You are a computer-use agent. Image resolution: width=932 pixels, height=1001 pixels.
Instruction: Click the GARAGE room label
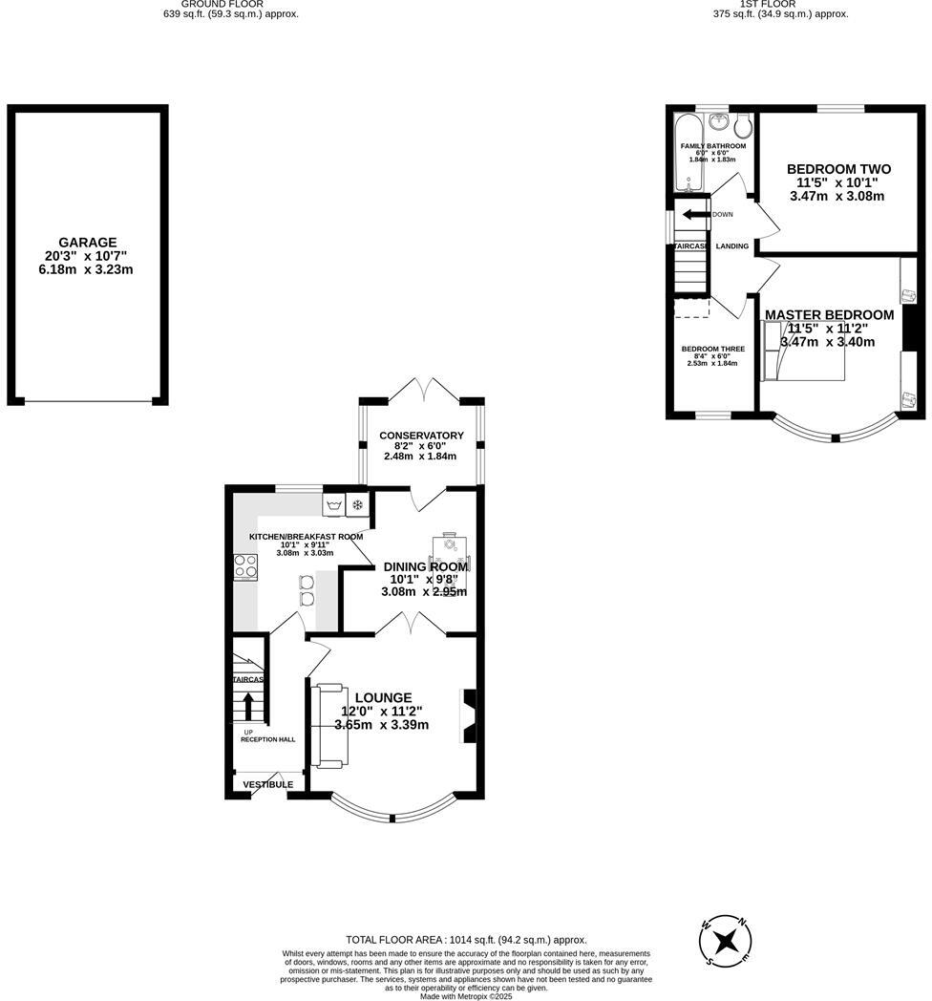pyautogui.click(x=87, y=243)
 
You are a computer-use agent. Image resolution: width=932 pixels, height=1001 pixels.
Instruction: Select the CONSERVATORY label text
pyautogui.click(x=421, y=436)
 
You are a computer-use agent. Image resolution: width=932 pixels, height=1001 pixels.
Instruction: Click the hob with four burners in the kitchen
pyautogui.click(x=245, y=567)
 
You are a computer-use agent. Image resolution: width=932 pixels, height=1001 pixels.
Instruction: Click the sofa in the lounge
pyautogui.click(x=328, y=725)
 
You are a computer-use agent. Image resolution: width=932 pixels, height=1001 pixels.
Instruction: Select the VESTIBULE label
pyautogui.click(x=267, y=784)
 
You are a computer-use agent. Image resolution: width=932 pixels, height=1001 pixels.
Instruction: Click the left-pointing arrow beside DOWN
pyautogui.click(x=694, y=214)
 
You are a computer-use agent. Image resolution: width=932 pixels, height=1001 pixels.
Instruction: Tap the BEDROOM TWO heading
pyautogui.click(x=838, y=169)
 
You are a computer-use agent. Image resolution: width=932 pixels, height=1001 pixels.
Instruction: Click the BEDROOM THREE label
pyautogui.click(x=712, y=349)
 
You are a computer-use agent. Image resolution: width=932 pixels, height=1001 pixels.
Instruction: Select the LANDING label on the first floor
pyautogui.click(x=732, y=246)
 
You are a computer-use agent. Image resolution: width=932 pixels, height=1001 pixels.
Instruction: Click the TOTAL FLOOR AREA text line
pyautogui.click(x=466, y=940)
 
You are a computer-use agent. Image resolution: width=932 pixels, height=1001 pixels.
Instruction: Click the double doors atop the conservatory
pyautogui.click(x=421, y=387)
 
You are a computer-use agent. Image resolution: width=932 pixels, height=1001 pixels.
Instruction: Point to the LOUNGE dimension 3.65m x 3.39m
pyautogui.click(x=382, y=725)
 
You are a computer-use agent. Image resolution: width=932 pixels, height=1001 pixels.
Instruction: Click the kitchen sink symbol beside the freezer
pyautogui.click(x=334, y=505)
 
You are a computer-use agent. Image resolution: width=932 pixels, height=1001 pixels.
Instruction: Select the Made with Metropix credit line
pyautogui.click(x=466, y=995)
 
